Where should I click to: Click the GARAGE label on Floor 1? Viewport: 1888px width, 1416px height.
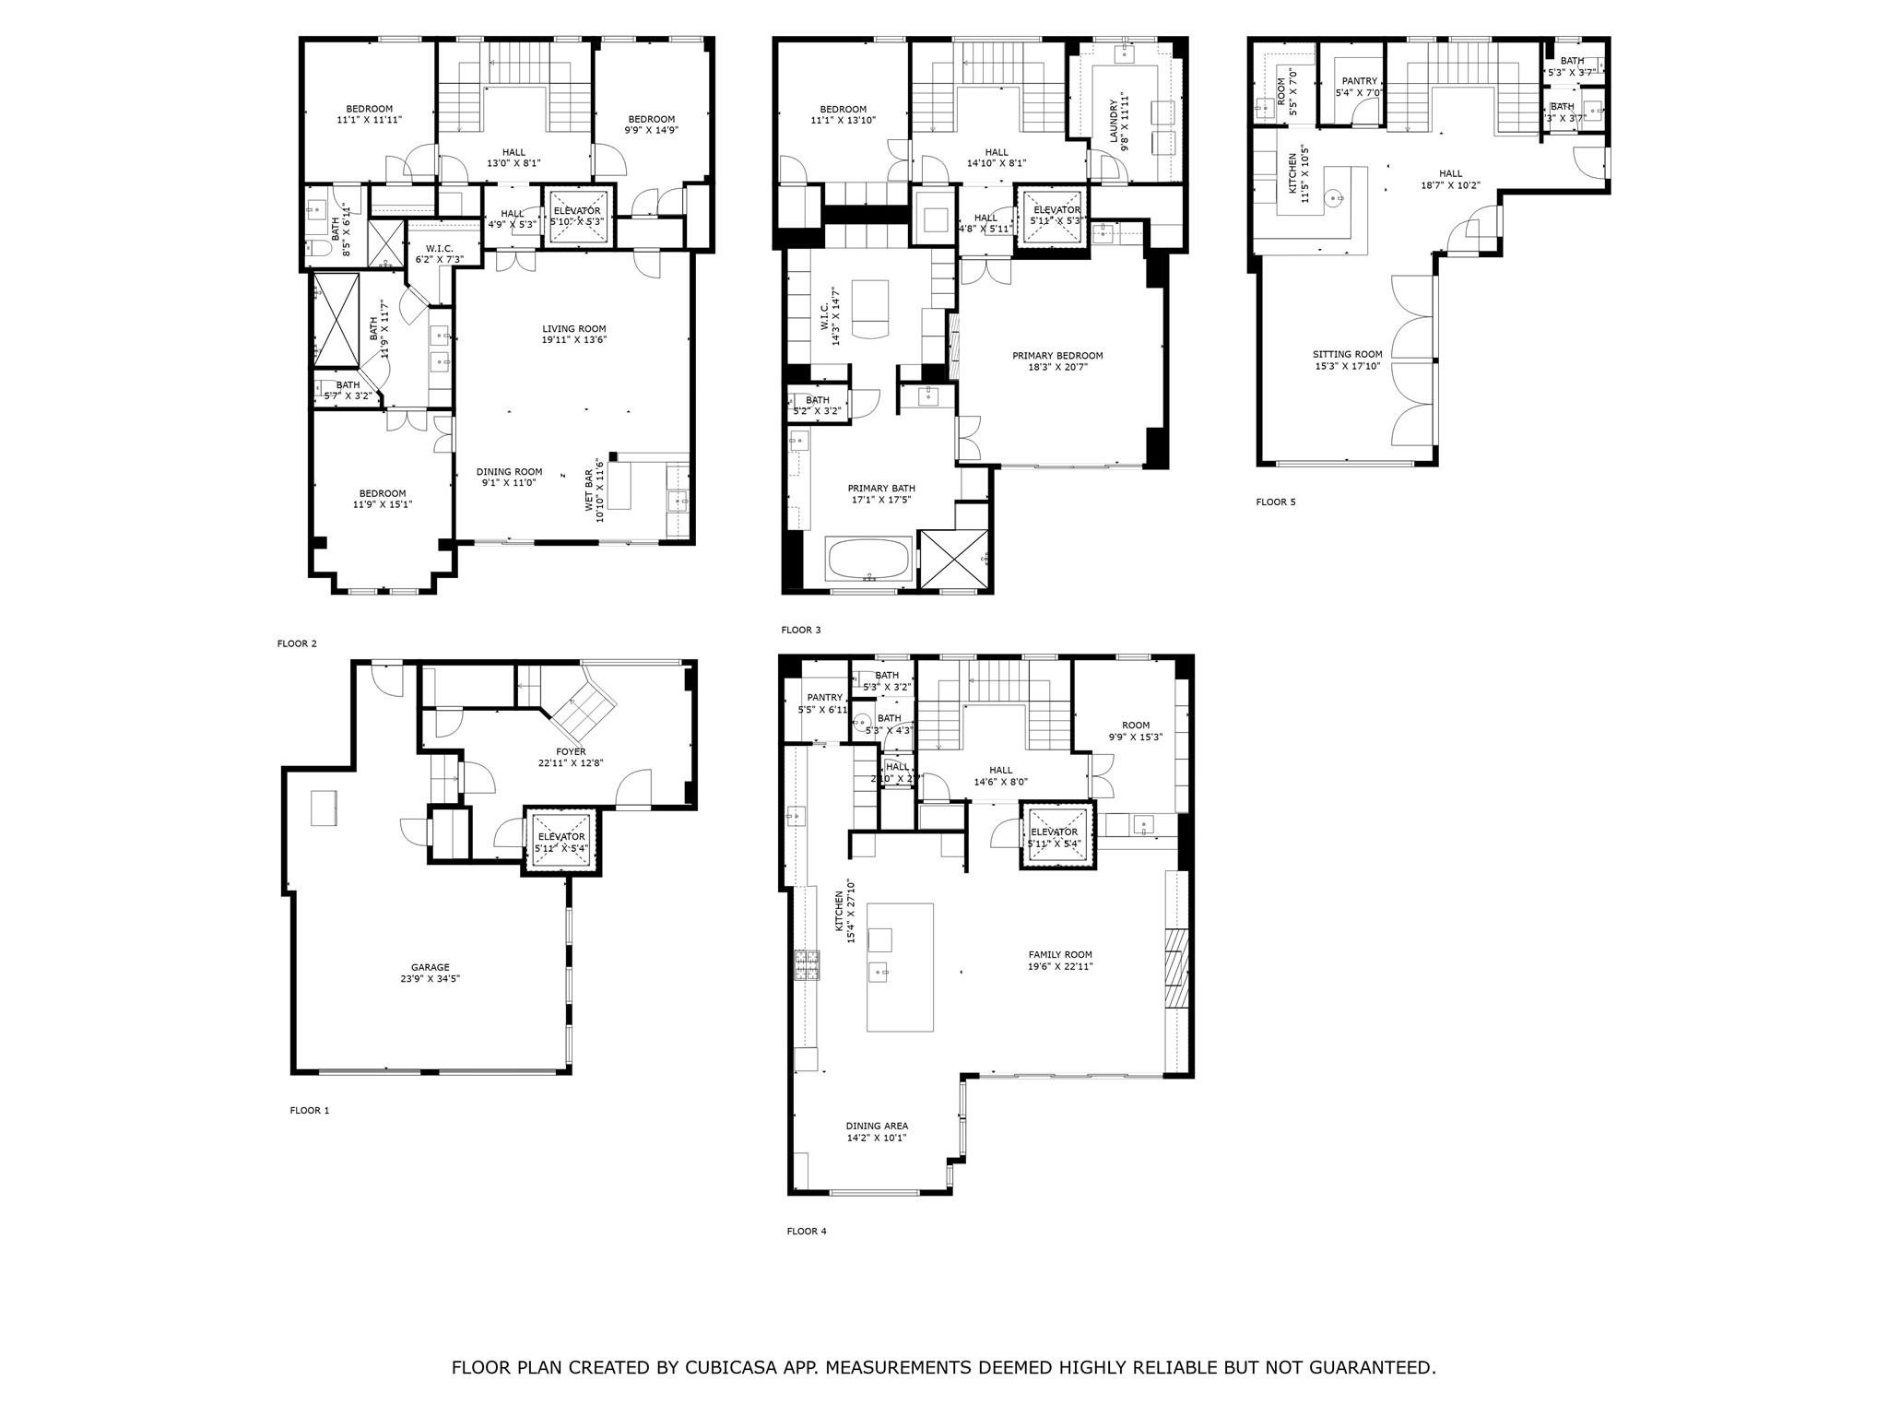click(431, 968)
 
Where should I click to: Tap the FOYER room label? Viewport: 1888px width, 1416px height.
click(571, 751)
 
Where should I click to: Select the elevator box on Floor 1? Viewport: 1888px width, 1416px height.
click(561, 841)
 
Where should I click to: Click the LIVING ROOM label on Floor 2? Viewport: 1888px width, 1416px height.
click(573, 329)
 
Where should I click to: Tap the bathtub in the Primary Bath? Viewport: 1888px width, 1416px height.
click(869, 559)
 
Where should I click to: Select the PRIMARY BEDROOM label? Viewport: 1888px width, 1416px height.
click(1057, 356)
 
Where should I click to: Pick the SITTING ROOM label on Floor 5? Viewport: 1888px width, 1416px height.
click(1347, 354)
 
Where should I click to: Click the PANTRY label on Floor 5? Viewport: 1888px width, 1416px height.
click(1359, 81)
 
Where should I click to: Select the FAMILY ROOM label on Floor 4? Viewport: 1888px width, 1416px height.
click(1060, 955)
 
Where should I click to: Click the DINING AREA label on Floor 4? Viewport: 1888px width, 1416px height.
click(877, 1126)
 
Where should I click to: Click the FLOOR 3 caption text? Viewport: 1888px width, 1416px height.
click(800, 631)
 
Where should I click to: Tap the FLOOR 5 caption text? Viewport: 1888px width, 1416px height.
click(1275, 502)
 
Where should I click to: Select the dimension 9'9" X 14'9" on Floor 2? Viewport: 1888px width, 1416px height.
click(651, 131)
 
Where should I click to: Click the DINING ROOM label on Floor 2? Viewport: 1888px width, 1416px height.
click(509, 471)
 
